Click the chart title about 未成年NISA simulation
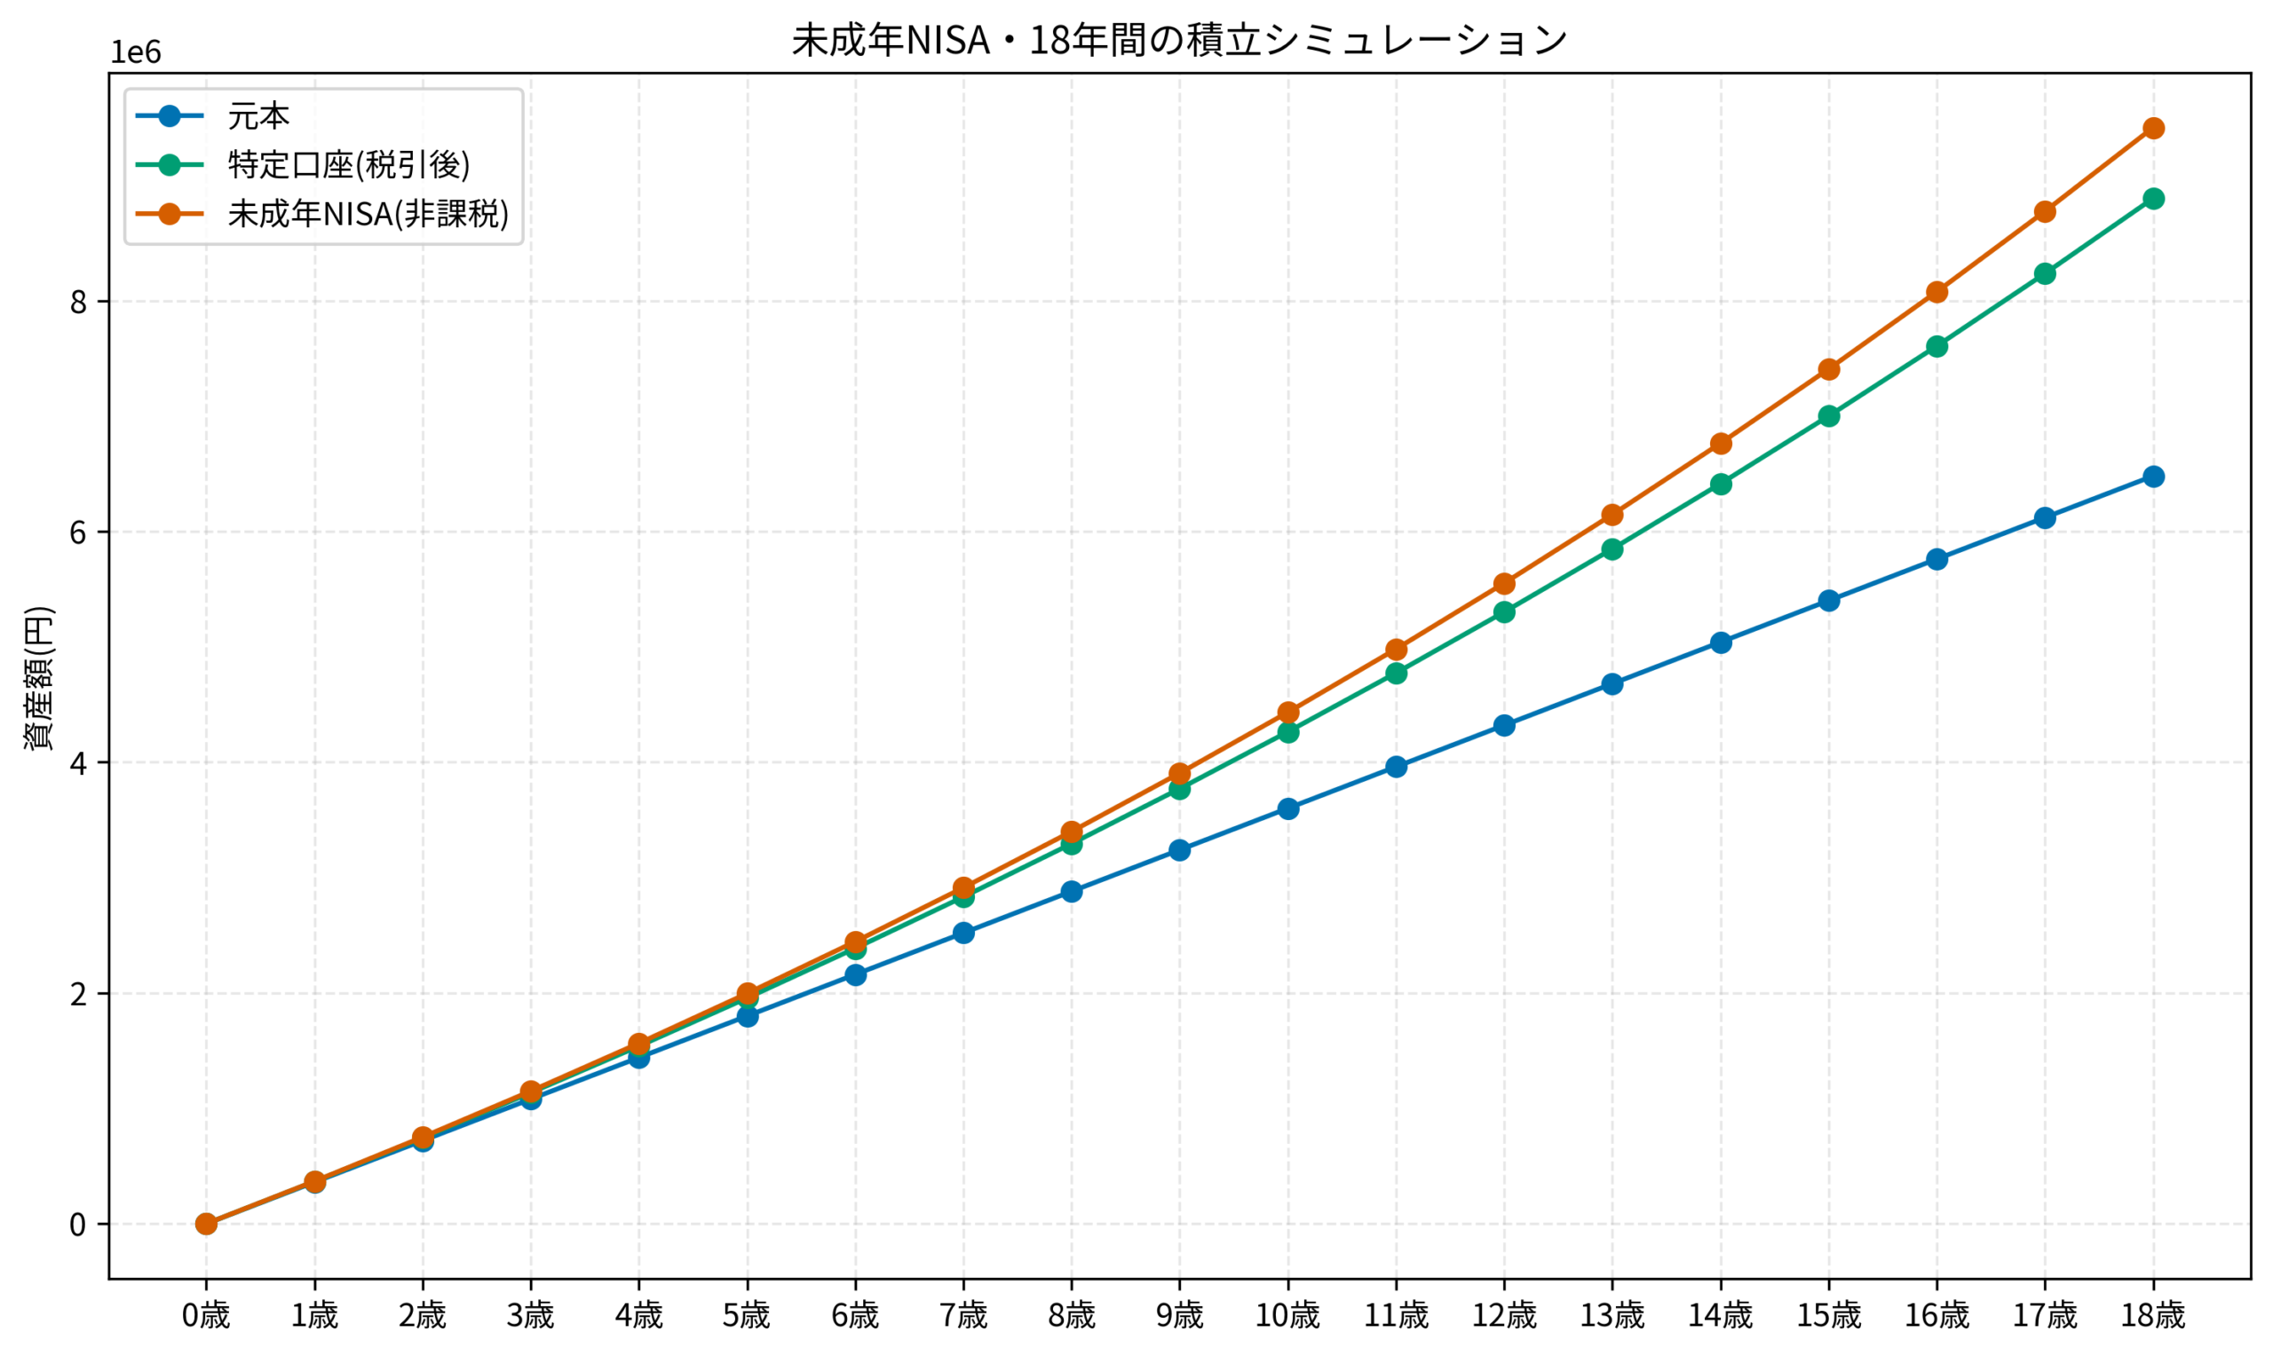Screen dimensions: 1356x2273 (1179, 40)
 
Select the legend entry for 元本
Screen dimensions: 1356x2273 (258, 117)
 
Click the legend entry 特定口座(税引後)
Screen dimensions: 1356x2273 (348, 165)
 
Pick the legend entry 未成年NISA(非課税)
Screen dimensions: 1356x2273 (368, 214)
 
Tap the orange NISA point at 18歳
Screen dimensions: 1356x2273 (2153, 128)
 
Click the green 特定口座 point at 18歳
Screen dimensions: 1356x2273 (2153, 199)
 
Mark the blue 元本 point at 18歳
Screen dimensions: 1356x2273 (2153, 476)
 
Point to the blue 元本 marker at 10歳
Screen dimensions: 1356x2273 (1287, 808)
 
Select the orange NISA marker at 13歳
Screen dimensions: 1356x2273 (1612, 516)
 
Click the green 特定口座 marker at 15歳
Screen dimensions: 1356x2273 (1829, 415)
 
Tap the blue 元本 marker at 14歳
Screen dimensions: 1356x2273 (1721, 643)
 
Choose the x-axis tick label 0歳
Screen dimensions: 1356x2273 (206, 1317)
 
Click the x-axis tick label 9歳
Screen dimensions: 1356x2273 (1179, 1317)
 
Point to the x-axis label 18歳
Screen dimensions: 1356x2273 (2153, 1317)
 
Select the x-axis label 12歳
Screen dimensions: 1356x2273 (1504, 1317)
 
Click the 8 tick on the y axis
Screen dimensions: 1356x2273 (79, 302)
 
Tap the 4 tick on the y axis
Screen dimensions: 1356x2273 (79, 762)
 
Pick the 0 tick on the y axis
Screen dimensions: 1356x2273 (79, 1224)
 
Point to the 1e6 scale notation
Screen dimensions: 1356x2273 (135, 53)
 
